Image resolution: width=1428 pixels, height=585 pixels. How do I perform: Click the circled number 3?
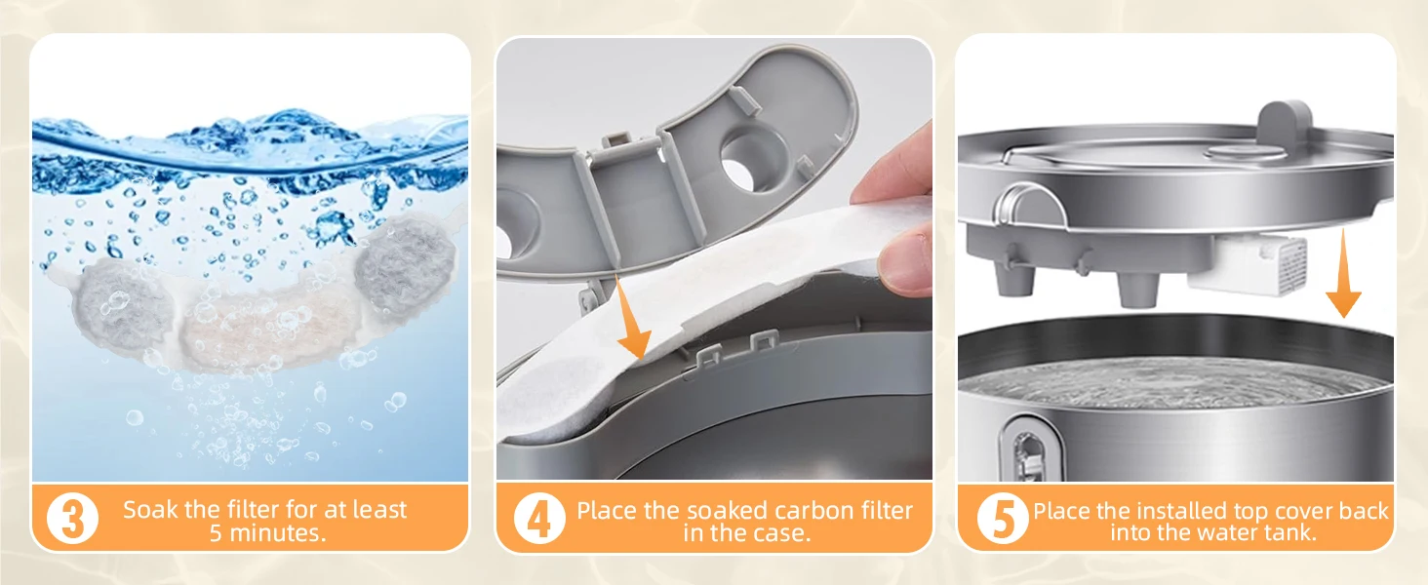click(x=73, y=518)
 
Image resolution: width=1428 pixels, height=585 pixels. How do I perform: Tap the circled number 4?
click(x=539, y=519)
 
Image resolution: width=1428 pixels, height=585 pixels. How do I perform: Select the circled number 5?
click(x=1003, y=519)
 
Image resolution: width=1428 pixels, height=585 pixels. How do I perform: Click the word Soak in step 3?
click(x=150, y=510)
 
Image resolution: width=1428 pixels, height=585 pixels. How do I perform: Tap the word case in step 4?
click(x=784, y=533)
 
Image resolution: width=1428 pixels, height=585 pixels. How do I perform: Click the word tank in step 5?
click(x=1289, y=532)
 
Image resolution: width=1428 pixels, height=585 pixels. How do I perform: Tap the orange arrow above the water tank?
click(x=1343, y=273)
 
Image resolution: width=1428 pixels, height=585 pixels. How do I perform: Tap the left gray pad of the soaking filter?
click(x=123, y=306)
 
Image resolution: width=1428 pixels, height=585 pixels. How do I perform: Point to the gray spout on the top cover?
click(x=1285, y=124)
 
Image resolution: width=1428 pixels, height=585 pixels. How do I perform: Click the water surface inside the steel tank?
click(x=1173, y=382)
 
